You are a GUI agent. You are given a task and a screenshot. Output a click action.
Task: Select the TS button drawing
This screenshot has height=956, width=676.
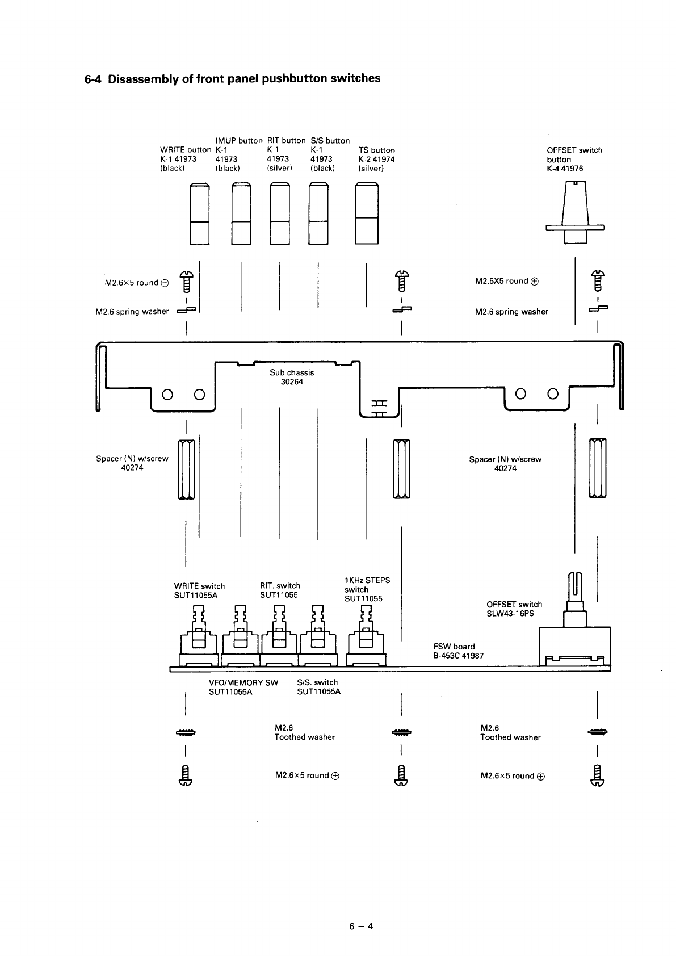366,213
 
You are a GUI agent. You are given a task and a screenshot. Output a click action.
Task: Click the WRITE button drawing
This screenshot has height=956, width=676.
199,213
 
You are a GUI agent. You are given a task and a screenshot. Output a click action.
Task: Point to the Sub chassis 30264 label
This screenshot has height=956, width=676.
292,377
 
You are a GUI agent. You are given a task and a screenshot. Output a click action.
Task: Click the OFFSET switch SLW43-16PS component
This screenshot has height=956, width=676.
574,636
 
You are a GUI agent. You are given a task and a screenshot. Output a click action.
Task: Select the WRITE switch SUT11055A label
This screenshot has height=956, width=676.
199,590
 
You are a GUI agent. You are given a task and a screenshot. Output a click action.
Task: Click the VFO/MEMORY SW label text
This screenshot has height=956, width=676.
243,682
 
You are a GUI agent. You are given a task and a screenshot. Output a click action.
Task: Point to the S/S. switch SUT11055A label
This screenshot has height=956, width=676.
318,687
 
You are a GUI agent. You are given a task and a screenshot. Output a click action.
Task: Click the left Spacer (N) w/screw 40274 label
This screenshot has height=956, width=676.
132,463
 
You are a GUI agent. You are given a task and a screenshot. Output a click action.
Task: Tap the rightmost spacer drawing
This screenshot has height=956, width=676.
598,469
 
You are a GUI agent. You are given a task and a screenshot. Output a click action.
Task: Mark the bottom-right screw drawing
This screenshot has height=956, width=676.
598,776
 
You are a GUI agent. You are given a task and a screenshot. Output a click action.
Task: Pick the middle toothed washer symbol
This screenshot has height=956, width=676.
401,732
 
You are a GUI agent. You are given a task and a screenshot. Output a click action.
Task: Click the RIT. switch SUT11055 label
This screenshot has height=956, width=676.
280,590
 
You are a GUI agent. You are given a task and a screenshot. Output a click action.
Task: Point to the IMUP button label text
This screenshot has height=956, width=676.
239,140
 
